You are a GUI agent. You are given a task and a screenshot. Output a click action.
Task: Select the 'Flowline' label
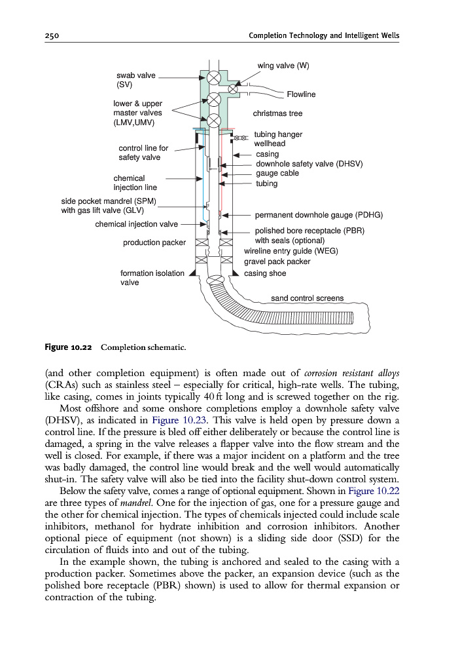pos(301,94)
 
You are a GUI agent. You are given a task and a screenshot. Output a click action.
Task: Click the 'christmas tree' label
pos(277,113)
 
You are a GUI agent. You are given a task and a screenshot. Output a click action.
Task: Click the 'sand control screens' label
pos(307,298)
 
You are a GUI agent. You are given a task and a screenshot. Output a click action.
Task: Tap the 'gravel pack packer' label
pos(277,261)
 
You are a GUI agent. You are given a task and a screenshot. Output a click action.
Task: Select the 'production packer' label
pos(154,243)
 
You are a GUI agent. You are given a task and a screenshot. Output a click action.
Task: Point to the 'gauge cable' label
pos(277,173)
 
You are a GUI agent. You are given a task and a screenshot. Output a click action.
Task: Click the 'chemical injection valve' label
pos(136,224)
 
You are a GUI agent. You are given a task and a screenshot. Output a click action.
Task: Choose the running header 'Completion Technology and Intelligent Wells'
pos(324,35)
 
